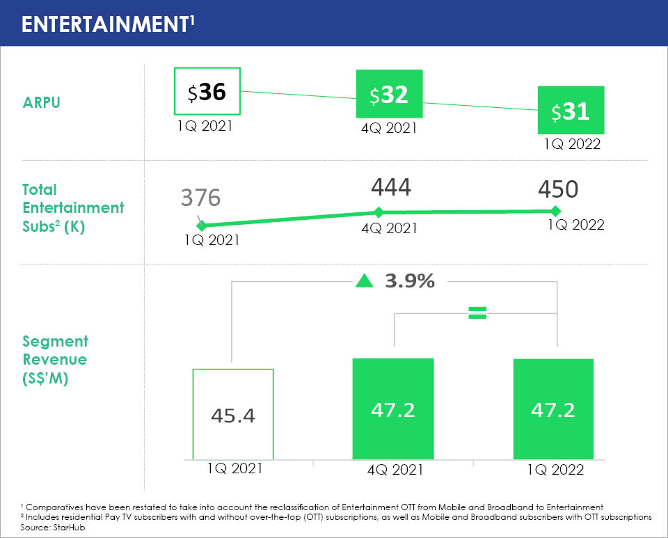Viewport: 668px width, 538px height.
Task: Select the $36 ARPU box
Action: click(x=207, y=92)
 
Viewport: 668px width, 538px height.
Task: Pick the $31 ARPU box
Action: click(x=570, y=110)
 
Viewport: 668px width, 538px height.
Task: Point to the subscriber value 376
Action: click(x=200, y=198)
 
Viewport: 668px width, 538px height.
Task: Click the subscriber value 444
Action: click(x=390, y=187)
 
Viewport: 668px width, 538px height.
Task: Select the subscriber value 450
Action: click(x=557, y=189)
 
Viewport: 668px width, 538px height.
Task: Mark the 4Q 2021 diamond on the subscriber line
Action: click(x=379, y=212)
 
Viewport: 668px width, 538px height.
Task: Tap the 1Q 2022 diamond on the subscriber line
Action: click(x=555, y=210)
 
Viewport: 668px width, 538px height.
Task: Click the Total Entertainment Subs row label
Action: click(x=73, y=207)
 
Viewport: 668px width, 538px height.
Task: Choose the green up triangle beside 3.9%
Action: click(x=363, y=281)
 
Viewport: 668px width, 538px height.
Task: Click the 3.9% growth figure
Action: click(x=410, y=281)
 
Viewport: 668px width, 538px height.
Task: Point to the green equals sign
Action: click(x=477, y=313)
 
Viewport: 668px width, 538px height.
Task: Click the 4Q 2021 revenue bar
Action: click(x=393, y=409)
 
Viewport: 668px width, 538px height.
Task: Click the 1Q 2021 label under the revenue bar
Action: click(x=234, y=468)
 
